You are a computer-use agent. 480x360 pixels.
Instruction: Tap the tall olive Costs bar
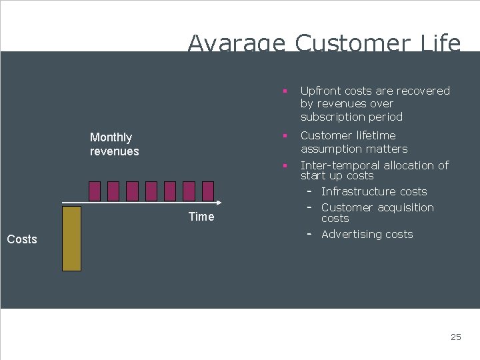71,238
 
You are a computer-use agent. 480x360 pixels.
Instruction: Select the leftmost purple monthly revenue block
95,191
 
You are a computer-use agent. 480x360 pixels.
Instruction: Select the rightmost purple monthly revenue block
208,191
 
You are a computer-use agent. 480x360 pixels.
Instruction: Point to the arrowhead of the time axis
219,202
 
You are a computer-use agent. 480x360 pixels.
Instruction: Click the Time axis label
201,217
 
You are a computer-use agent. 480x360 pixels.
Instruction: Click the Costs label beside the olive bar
22,239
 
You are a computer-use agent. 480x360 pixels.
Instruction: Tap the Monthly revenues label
114,144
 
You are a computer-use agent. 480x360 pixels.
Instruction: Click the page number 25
455,337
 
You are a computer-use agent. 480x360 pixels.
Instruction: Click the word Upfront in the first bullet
321,91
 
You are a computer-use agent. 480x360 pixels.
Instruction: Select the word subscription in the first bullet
335,117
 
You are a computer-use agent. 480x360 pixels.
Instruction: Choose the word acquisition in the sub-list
406,208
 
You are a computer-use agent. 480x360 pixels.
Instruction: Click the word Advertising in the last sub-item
351,235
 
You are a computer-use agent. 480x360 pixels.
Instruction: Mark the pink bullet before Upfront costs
284,91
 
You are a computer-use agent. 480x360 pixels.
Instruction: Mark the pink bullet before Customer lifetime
284,136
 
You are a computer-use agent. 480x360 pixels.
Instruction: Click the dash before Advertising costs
310,234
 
